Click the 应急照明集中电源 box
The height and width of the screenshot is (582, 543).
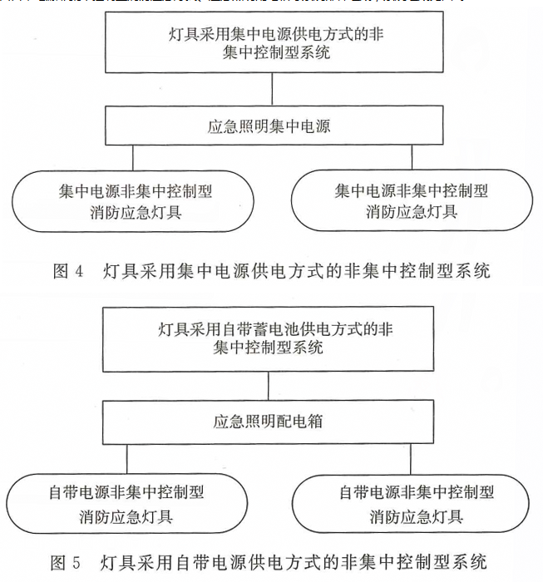[269, 127]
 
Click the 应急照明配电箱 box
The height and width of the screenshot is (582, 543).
[269, 422]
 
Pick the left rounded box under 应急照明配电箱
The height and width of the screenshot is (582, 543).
[126, 505]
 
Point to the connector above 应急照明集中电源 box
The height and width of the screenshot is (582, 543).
[269, 92]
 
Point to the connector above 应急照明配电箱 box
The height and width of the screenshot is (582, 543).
[269, 387]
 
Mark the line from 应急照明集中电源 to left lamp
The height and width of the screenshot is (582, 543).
[132, 159]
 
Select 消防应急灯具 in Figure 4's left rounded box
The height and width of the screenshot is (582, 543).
[136, 212]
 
